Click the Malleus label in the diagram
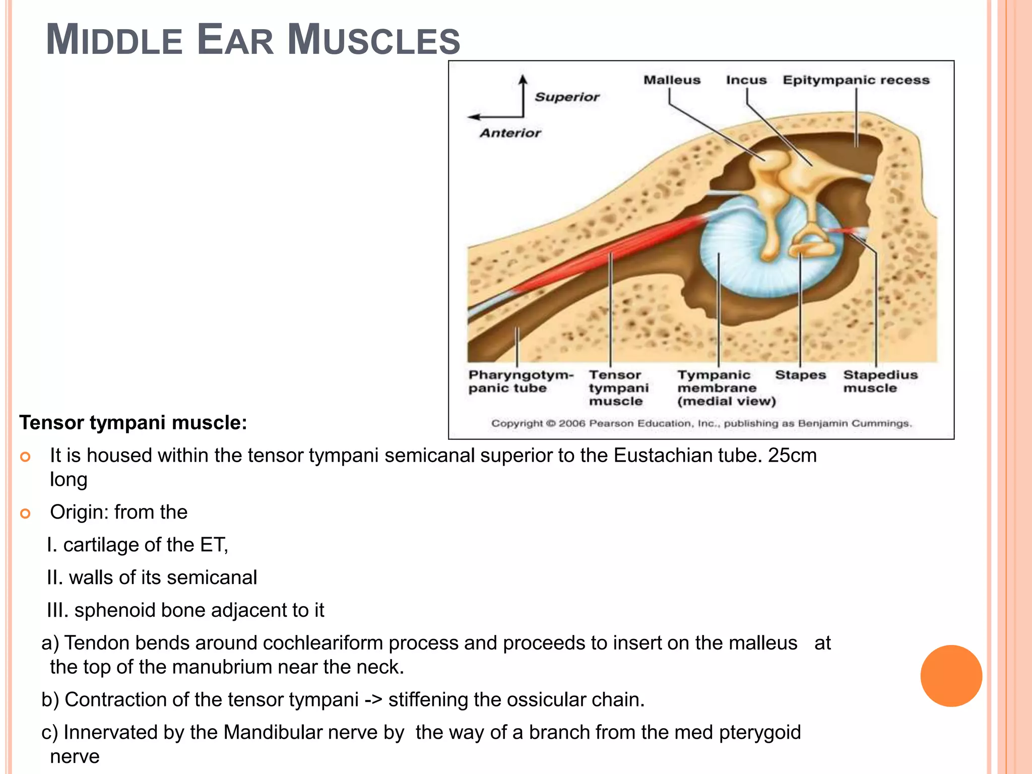coord(672,80)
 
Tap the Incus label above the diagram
coord(746,80)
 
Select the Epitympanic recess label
coord(856,80)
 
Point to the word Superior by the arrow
coord(567,97)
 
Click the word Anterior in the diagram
coord(510,133)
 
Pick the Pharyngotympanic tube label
coord(520,381)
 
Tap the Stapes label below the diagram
coord(800,375)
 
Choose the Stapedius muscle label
coord(880,381)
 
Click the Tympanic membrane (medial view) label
coord(726,388)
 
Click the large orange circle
coord(951,676)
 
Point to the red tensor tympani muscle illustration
coord(605,252)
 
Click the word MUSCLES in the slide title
coord(373,40)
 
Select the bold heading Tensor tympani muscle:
coord(133,422)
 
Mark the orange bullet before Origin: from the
coord(25,513)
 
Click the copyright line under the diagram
coord(701,423)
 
